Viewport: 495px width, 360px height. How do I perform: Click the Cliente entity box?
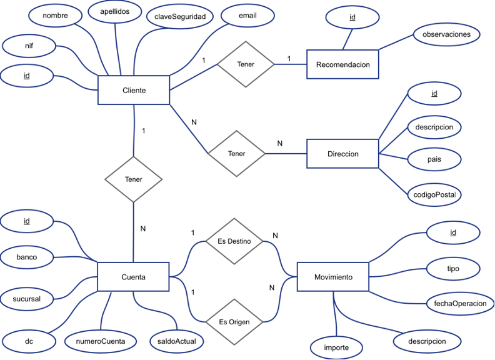click(134, 91)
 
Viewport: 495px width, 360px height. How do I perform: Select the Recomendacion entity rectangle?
click(342, 64)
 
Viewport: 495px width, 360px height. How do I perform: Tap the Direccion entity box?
click(342, 154)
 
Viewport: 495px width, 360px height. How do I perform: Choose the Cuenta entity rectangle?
click(134, 277)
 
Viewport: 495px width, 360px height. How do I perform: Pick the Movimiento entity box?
click(332, 277)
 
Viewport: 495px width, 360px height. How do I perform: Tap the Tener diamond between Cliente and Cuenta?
click(134, 179)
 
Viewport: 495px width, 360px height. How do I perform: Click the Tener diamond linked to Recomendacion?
click(246, 64)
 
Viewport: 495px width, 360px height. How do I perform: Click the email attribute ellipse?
click(247, 15)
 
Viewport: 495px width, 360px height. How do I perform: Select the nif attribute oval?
click(29, 46)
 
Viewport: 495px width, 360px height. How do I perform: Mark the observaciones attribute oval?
click(446, 34)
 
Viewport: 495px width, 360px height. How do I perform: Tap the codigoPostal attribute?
click(434, 195)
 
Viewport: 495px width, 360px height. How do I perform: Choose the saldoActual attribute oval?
click(177, 341)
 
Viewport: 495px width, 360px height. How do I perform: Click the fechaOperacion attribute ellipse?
click(456, 303)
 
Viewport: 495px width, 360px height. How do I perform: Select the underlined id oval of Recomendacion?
click(352, 17)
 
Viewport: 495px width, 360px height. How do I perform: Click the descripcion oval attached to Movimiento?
click(427, 341)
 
